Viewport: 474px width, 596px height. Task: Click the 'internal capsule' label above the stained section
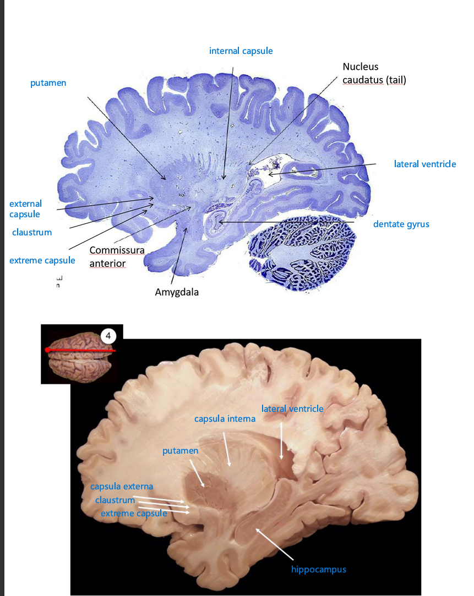pos(241,51)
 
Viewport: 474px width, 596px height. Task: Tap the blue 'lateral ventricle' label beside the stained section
pos(424,164)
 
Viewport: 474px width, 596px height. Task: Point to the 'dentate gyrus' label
pos(401,224)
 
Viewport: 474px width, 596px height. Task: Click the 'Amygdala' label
pos(176,292)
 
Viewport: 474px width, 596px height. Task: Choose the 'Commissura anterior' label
pos(117,257)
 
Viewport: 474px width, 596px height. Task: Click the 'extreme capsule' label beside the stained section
pos(42,261)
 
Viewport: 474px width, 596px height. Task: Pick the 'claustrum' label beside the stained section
pos(32,233)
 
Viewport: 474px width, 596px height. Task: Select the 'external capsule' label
pos(25,209)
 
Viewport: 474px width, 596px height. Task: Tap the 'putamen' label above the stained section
pos(48,83)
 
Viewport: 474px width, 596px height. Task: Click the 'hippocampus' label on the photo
pos(319,569)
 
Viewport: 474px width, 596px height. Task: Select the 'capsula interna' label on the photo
pos(225,418)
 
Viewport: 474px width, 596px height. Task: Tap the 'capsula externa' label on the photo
pos(122,487)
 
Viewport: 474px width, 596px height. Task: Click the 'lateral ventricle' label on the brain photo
pos(292,409)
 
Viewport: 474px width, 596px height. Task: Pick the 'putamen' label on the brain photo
pos(180,451)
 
